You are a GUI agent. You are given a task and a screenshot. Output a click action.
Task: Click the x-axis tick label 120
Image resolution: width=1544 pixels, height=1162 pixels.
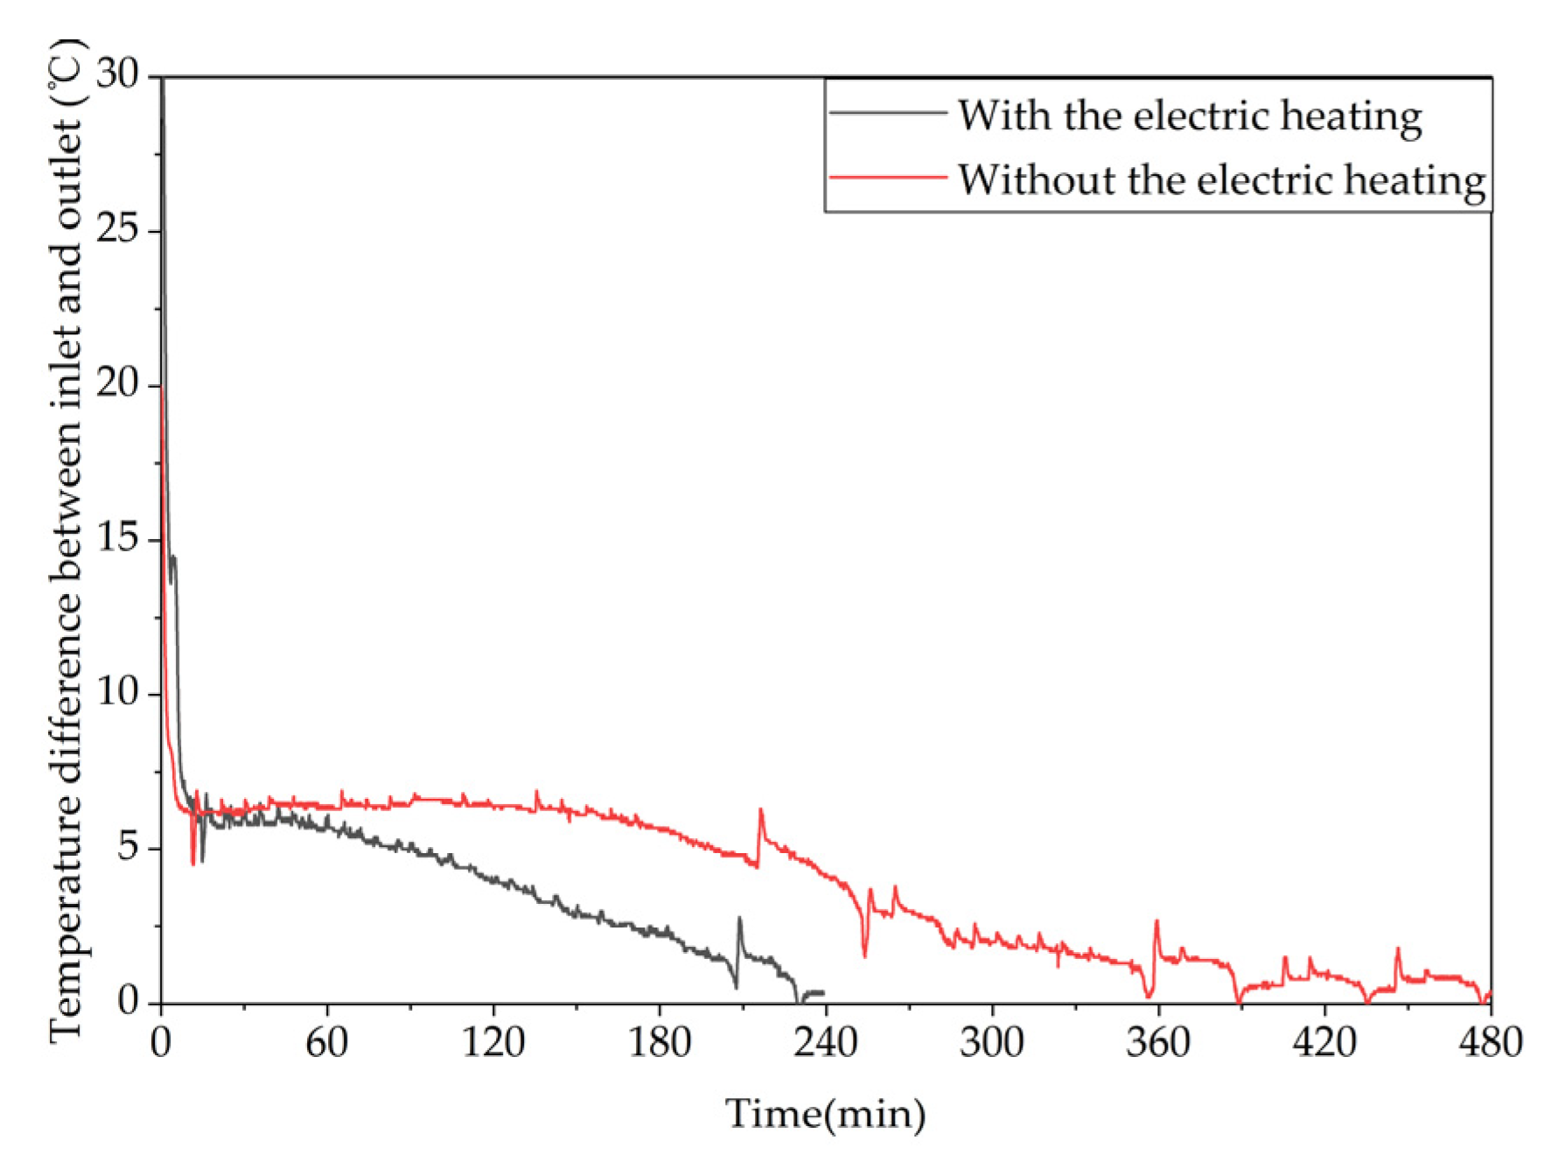point(493,1043)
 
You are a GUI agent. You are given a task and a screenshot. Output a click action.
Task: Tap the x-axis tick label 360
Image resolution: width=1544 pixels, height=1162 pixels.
point(1157,1043)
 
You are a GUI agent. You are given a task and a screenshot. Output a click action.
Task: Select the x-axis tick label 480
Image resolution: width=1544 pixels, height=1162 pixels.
point(1490,1043)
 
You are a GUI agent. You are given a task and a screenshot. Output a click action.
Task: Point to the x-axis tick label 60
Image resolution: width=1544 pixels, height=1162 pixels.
point(326,1043)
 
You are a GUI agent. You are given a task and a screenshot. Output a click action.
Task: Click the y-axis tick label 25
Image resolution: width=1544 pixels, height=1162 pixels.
point(117,229)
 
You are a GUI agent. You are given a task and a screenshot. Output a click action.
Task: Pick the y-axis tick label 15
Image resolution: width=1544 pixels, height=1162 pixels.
point(117,537)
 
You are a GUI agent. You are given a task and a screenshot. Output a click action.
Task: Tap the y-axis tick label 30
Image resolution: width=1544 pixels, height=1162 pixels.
point(117,74)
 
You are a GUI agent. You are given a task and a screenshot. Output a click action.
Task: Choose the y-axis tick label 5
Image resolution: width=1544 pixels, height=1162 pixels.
point(128,846)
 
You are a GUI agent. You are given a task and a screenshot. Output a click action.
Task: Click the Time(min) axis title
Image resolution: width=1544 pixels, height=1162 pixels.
point(825,1115)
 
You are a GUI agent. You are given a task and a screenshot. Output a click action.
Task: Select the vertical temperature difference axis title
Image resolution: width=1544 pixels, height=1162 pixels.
point(66,539)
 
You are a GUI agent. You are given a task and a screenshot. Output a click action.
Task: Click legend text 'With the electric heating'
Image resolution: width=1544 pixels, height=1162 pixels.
point(1189,116)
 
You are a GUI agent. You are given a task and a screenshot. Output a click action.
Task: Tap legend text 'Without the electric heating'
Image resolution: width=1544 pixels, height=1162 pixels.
point(1221,180)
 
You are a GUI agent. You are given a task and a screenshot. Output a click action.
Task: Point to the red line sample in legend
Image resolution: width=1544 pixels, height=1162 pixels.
point(887,178)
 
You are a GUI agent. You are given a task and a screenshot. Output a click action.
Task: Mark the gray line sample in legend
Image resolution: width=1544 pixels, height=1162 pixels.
point(887,113)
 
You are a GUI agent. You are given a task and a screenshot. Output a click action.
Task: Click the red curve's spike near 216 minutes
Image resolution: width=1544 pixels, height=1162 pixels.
point(760,811)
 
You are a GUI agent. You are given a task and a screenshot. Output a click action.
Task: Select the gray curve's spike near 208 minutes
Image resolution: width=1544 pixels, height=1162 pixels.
point(739,920)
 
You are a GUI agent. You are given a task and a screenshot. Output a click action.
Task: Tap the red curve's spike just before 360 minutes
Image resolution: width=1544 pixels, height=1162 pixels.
point(1156,922)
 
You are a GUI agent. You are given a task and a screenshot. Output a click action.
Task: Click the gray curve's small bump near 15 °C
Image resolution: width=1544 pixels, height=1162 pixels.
point(173,557)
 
